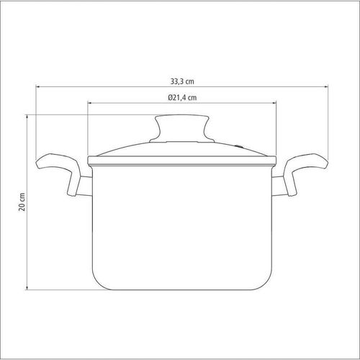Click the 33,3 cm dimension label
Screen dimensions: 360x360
[182, 81]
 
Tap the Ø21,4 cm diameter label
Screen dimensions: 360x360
[182, 97]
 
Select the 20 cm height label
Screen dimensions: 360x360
[22, 202]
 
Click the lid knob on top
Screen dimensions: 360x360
[182, 128]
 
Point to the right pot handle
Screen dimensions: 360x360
[305, 173]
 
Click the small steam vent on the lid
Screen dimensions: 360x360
[238, 146]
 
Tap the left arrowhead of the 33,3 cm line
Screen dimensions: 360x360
[37, 86]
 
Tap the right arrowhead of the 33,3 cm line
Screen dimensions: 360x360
[326, 86]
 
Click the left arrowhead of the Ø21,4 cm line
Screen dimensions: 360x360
[90, 103]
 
